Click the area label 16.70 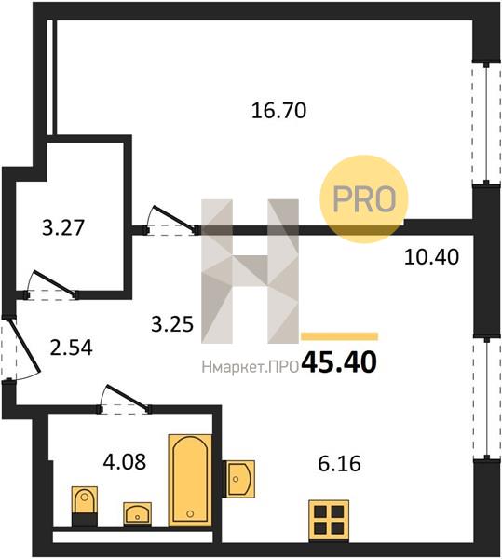(278, 110)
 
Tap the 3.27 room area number (63, 227)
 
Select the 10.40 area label (431, 257)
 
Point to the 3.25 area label (172, 324)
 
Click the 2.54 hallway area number (72, 348)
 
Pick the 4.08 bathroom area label (125, 462)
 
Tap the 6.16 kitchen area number (339, 464)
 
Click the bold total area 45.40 (339, 362)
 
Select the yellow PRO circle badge (364, 198)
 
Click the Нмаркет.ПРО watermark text (251, 367)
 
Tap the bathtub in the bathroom (190, 480)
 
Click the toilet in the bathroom (85, 506)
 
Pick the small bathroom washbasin (137, 513)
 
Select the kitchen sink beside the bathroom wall (238, 479)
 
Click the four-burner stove (329, 521)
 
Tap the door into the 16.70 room (171, 221)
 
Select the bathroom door (125, 400)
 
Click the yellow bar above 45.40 (339, 336)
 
